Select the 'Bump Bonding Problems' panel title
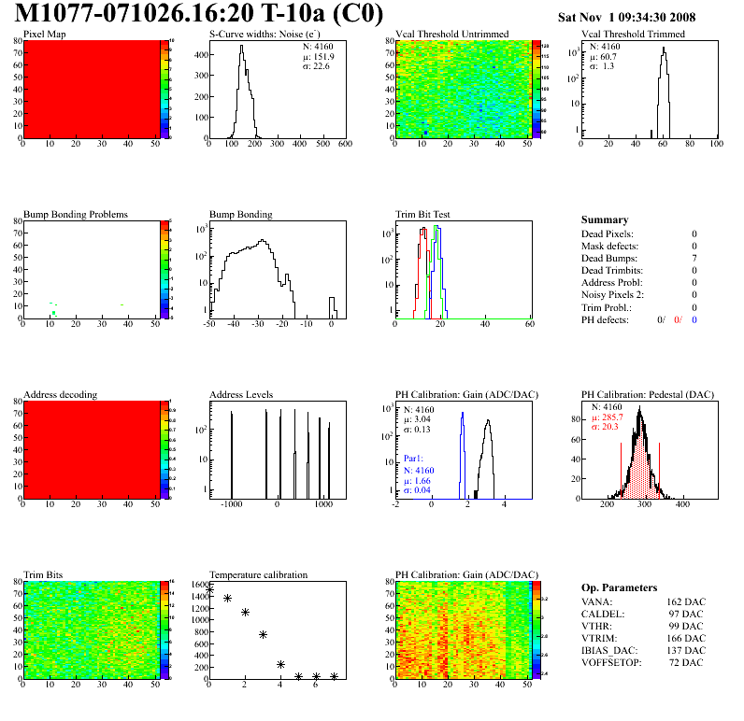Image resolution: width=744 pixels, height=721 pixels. (x=76, y=214)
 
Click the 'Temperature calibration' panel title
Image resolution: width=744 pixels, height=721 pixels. (x=259, y=574)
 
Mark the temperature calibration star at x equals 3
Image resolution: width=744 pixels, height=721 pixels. (x=264, y=634)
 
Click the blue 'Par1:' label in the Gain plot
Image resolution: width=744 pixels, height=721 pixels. (x=414, y=459)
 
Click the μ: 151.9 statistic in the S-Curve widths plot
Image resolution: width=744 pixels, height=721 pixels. (x=319, y=55)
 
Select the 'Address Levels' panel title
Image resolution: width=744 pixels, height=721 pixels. (x=242, y=394)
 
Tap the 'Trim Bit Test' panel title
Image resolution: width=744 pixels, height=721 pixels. (x=423, y=214)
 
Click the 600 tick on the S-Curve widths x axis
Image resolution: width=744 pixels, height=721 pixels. (x=344, y=144)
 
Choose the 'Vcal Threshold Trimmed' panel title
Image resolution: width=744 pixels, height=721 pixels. (x=633, y=35)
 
